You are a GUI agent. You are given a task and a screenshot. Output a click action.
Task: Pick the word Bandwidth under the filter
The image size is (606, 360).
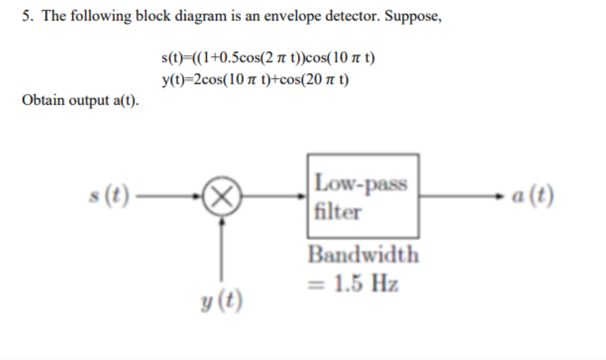click(363, 255)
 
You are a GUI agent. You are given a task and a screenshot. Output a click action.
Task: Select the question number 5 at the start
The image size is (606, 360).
click(27, 16)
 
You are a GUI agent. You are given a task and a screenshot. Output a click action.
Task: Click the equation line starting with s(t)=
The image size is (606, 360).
click(268, 58)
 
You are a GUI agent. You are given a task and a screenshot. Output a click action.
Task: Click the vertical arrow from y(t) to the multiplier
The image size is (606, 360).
click(222, 247)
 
